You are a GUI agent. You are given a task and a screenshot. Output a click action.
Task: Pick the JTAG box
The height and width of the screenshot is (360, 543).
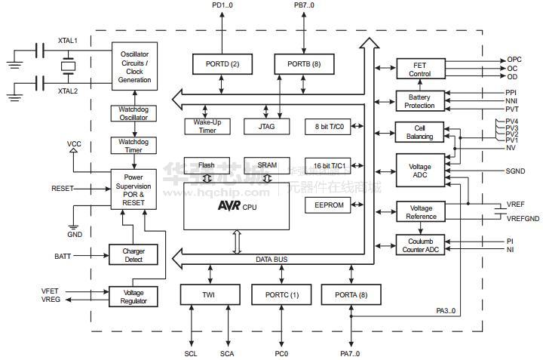tap(266, 126)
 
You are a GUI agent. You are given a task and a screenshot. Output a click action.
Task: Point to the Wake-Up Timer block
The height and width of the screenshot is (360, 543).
tap(206, 126)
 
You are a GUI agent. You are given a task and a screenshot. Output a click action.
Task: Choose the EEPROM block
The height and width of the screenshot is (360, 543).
tap(327, 205)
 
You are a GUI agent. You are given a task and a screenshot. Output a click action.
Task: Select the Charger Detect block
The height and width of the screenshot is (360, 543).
tap(134, 255)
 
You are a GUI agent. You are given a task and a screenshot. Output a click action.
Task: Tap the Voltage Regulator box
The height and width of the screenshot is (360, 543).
tap(134, 297)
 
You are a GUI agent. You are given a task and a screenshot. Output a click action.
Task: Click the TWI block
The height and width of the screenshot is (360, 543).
tap(209, 294)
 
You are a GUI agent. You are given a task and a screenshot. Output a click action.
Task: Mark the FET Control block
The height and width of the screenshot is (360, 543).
tap(420, 69)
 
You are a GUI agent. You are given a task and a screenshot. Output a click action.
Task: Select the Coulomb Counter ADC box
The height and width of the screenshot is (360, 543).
tap(421, 245)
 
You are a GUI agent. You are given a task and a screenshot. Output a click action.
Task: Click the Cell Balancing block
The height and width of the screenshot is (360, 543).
tap(420, 132)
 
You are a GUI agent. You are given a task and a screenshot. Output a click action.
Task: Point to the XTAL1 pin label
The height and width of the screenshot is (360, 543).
tap(68, 40)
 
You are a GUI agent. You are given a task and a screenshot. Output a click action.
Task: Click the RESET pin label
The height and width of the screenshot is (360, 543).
tap(63, 188)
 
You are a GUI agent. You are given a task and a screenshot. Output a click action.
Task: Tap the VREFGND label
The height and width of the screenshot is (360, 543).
tap(523, 219)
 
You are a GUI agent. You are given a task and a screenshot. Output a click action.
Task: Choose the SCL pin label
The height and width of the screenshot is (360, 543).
tap(191, 353)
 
